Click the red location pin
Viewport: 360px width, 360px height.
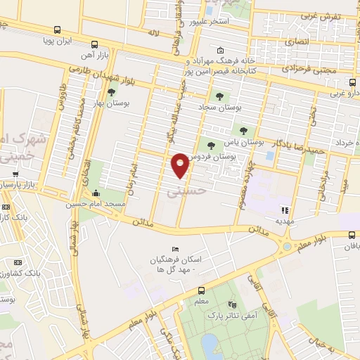click(180, 165)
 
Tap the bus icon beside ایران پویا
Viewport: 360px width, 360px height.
click(56, 30)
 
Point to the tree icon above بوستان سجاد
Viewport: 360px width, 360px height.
click(219, 96)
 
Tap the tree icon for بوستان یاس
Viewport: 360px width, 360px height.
click(243, 130)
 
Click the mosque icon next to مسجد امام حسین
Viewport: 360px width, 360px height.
click(96, 193)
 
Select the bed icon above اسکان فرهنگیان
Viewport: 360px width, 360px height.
click(175, 250)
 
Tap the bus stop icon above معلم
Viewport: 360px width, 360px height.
click(202, 290)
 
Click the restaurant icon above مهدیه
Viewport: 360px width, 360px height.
click(284, 210)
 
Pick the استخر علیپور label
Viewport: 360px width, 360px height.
click(211, 20)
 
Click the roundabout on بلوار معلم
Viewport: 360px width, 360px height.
click(287, 247)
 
